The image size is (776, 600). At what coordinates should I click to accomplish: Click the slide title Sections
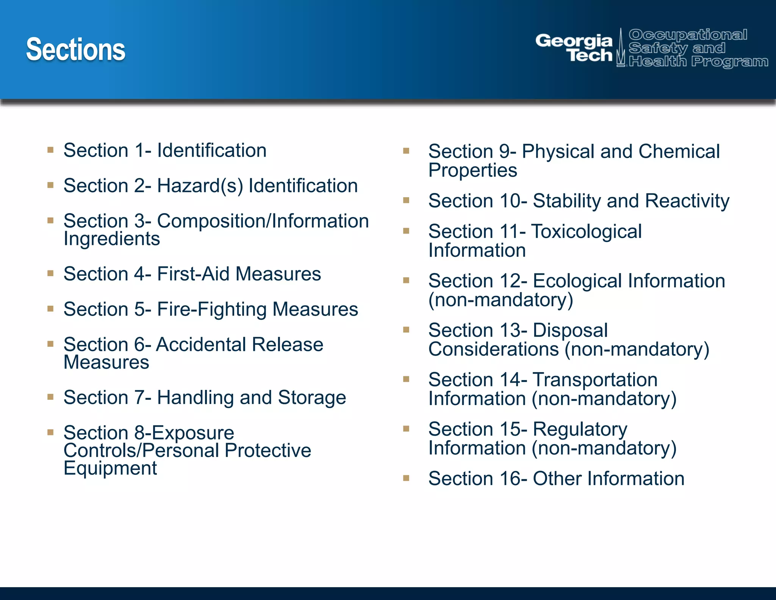coord(75,50)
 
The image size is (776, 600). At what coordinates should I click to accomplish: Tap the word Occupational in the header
coord(688,35)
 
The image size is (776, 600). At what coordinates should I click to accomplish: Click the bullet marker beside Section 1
coord(50,150)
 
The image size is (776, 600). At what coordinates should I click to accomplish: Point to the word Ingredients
coord(112,239)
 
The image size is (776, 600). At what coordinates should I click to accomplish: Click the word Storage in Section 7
coord(311,397)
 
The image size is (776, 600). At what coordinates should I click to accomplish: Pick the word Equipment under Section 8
coord(110,468)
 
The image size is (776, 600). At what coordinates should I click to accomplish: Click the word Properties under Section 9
coord(472,170)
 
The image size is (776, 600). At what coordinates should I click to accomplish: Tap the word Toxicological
coord(586,231)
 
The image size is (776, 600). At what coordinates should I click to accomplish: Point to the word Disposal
coord(570,330)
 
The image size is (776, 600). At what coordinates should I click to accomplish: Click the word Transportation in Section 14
coord(595,380)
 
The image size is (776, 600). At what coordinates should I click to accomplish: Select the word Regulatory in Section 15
coord(580,429)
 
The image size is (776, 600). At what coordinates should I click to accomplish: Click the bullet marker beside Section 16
coord(406,478)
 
